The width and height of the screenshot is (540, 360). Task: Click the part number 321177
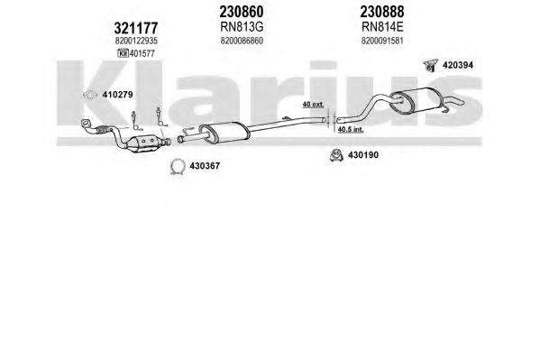click(x=136, y=28)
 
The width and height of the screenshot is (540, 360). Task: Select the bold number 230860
click(x=242, y=12)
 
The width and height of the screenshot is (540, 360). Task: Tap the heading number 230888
click(x=382, y=12)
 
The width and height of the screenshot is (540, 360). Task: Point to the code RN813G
click(x=242, y=27)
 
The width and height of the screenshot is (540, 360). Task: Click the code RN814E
click(x=382, y=27)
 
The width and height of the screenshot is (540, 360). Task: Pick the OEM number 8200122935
click(x=136, y=41)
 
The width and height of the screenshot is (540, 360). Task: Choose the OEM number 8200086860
click(x=242, y=41)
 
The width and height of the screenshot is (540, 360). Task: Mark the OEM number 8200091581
click(x=382, y=41)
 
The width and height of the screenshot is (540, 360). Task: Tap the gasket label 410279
click(x=117, y=95)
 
